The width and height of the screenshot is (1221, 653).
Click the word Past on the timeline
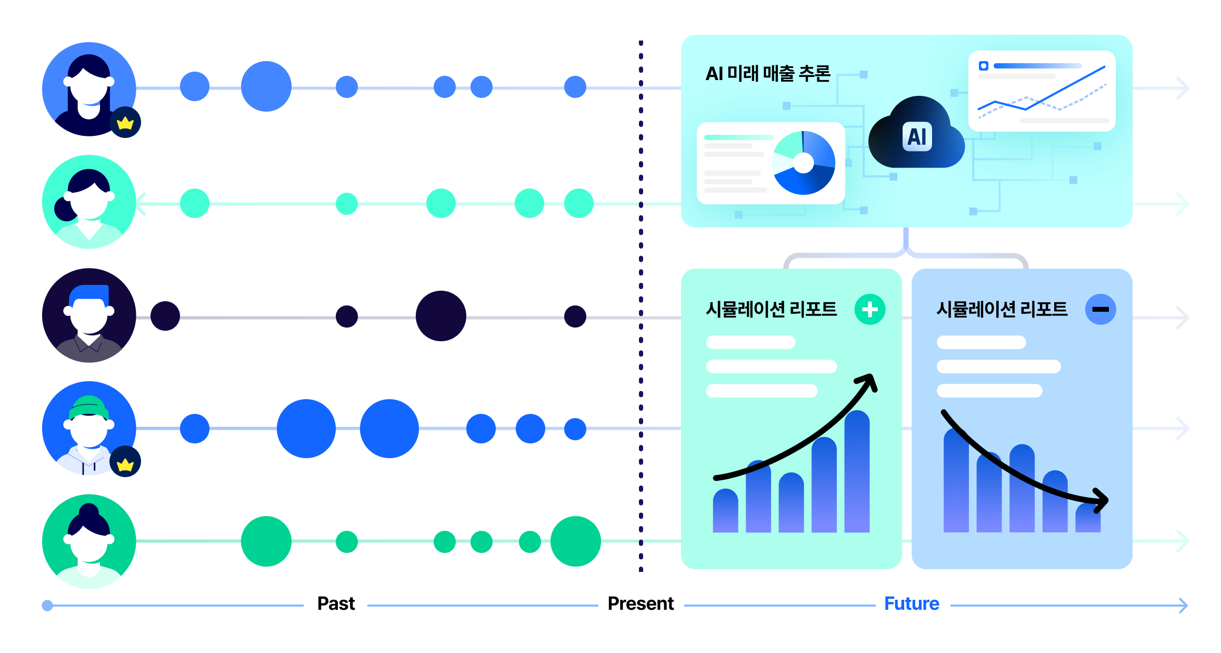coord(336,603)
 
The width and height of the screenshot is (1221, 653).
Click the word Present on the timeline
coord(640,603)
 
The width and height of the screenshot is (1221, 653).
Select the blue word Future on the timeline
coord(912,603)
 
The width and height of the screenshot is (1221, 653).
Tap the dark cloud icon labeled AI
coord(916,133)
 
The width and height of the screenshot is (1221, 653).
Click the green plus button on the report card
coord(870,309)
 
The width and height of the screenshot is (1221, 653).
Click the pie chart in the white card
coord(803,163)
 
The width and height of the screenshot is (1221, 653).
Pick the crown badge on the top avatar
coord(125,123)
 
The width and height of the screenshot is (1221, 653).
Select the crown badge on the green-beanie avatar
coord(125,462)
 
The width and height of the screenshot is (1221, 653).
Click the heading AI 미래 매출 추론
coord(768,74)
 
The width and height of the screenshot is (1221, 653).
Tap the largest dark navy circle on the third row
coord(441,316)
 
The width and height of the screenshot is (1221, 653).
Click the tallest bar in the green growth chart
coord(857,471)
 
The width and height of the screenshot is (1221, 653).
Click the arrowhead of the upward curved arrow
coord(868,381)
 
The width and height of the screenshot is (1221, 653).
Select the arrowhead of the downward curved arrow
coord(1101,501)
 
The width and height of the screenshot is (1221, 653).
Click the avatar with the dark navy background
coord(89,315)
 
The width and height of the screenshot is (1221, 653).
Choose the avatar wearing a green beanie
coord(89,428)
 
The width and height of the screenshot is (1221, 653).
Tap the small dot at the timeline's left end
coord(47,606)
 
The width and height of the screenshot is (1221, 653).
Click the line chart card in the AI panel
coord(1042,91)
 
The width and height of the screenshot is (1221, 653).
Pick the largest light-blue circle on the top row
coord(266,86)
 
